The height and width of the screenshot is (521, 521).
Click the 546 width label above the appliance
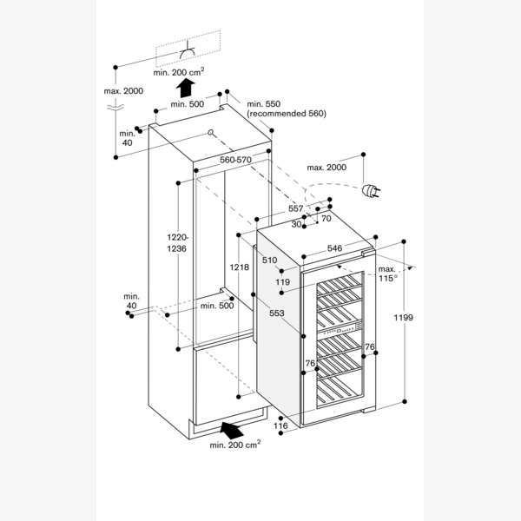tap(334, 248)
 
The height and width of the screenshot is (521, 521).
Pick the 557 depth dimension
tap(296, 208)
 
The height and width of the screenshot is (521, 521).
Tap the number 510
tap(269, 260)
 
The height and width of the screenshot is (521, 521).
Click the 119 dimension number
tap(283, 282)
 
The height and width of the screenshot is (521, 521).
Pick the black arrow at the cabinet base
tap(230, 428)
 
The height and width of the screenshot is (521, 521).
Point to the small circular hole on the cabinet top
tap(211, 133)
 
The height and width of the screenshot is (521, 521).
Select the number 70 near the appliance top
tap(326, 219)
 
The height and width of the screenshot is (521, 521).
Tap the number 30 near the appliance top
tap(297, 224)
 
